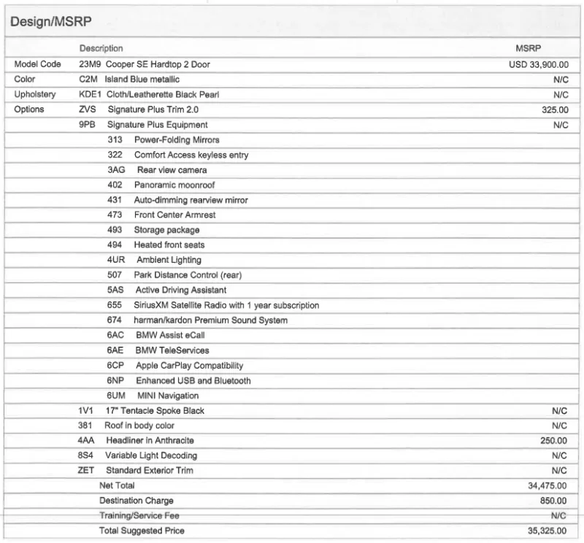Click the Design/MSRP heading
point(50,23)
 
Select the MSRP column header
point(528,48)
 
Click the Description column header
point(101,48)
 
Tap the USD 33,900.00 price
point(538,64)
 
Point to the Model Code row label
point(37,64)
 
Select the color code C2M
point(88,79)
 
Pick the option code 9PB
point(88,125)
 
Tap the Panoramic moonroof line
point(174,185)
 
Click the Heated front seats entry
point(169,244)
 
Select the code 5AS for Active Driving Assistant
point(115,290)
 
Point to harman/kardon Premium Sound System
point(210,320)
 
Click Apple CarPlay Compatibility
point(189,365)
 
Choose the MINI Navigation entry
point(167,396)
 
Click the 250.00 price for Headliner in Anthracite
point(554,441)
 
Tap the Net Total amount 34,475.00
point(547,485)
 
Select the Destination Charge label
point(137,501)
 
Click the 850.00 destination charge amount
point(554,501)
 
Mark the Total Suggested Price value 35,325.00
point(547,531)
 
